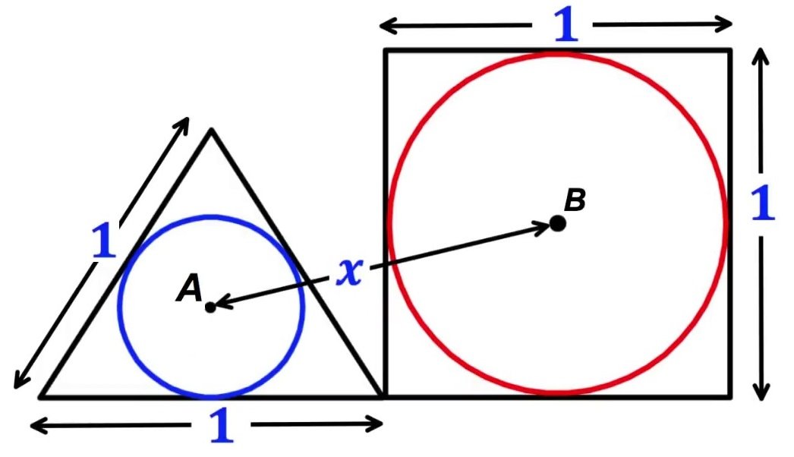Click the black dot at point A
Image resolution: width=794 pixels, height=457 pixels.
click(210, 307)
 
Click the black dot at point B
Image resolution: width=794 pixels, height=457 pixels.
click(558, 223)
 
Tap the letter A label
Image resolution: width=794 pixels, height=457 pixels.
click(188, 288)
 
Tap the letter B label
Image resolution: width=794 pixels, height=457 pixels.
click(575, 200)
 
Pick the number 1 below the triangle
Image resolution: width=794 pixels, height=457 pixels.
click(221, 427)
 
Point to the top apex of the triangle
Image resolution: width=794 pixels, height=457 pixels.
click(211, 131)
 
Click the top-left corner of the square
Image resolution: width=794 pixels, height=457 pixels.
click(386, 50)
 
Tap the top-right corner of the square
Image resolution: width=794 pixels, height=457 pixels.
click(730, 50)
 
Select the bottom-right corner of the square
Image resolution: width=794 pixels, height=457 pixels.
click(730, 396)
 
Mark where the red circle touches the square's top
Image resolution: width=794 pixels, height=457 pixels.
click(558, 52)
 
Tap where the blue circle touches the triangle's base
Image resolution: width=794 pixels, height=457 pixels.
click(211, 395)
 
